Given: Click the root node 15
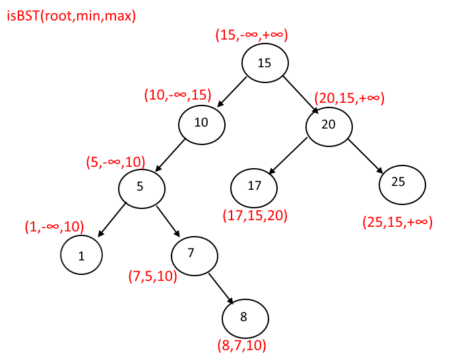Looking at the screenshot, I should [x=265, y=63].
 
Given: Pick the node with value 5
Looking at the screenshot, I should [x=141, y=187].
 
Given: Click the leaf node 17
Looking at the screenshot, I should [x=255, y=186].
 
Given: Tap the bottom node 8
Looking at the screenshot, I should [x=245, y=318].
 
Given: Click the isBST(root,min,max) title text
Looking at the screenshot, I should [x=71, y=16].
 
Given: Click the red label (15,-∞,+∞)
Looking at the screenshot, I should [x=252, y=36].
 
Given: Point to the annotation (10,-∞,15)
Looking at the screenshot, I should [x=177, y=95].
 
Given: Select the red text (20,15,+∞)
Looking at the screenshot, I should [x=349, y=98].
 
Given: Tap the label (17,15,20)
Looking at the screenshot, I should [x=256, y=215].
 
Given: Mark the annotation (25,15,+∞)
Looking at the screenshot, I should [x=397, y=222].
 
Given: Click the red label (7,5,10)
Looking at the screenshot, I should [x=153, y=276].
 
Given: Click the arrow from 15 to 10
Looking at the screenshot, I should [x=232, y=92].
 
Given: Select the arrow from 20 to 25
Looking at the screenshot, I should [x=366, y=156].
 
